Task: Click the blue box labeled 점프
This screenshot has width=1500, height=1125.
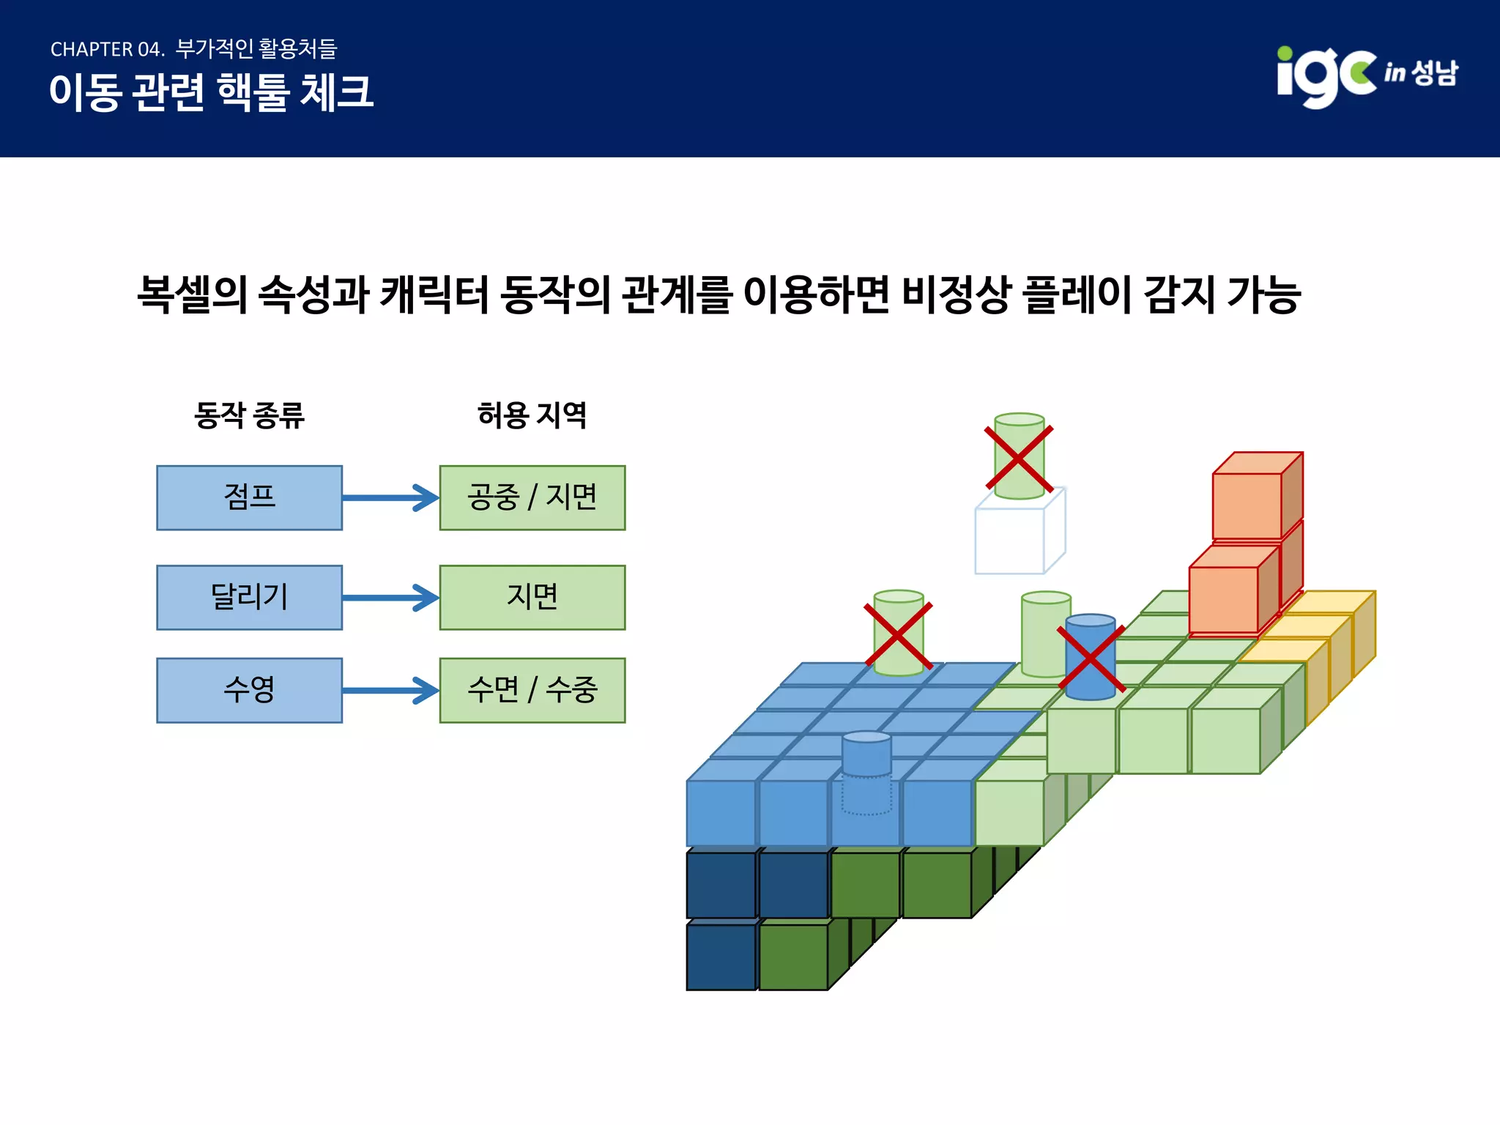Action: pos(249,497)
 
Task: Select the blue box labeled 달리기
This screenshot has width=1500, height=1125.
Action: pos(249,597)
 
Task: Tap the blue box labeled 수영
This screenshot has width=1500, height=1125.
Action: pos(249,690)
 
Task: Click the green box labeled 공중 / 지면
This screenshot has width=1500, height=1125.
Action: pos(532,497)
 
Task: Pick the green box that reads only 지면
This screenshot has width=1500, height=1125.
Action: pos(532,597)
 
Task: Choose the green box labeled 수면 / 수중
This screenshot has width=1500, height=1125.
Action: pos(532,690)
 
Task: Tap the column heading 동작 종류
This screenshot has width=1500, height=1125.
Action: pos(249,415)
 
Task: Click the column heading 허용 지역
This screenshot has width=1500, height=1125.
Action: pos(532,415)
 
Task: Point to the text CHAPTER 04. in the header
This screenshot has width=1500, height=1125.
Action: pos(107,50)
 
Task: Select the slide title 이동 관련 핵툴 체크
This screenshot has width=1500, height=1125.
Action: pos(211,93)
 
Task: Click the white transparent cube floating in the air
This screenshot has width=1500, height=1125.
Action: pos(1014,538)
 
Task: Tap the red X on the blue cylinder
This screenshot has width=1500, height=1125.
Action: pos(1091,659)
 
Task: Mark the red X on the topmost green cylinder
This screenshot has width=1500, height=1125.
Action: pos(1019,458)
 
